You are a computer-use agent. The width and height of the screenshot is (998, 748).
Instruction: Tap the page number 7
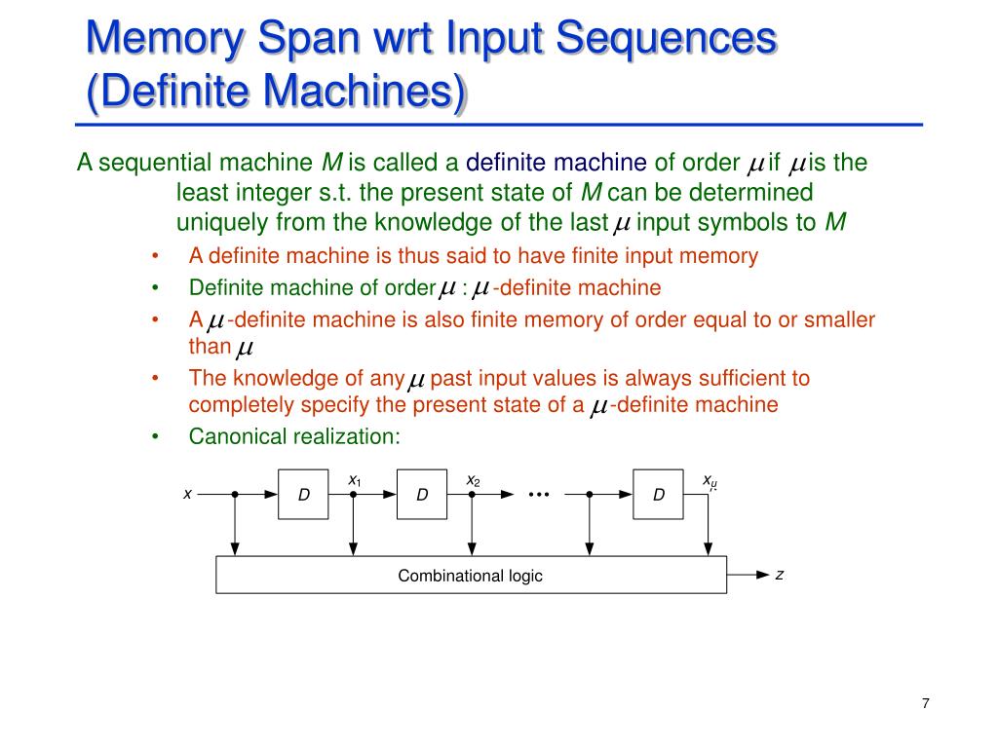pyautogui.click(x=925, y=705)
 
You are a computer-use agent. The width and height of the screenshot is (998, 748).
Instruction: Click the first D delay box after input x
pyautogui.click(x=304, y=495)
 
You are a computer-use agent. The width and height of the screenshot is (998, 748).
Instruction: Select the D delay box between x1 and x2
pyautogui.click(x=422, y=495)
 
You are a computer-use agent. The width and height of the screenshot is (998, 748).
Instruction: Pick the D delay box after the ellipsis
pyautogui.click(x=659, y=495)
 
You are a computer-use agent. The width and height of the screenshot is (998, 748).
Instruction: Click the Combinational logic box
pyautogui.click(x=470, y=576)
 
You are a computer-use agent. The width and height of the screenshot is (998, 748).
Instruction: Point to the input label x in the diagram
pyautogui.click(x=187, y=494)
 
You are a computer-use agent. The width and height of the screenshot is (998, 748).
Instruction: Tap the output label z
pyautogui.click(x=780, y=575)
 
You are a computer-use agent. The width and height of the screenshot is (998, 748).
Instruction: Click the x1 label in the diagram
pyautogui.click(x=355, y=480)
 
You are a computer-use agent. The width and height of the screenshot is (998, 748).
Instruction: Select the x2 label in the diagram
pyautogui.click(x=473, y=480)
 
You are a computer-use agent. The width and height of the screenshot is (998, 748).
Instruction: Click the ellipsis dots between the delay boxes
pyautogui.click(x=539, y=495)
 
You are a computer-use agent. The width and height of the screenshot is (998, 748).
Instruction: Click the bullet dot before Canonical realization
pyautogui.click(x=155, y=437)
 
